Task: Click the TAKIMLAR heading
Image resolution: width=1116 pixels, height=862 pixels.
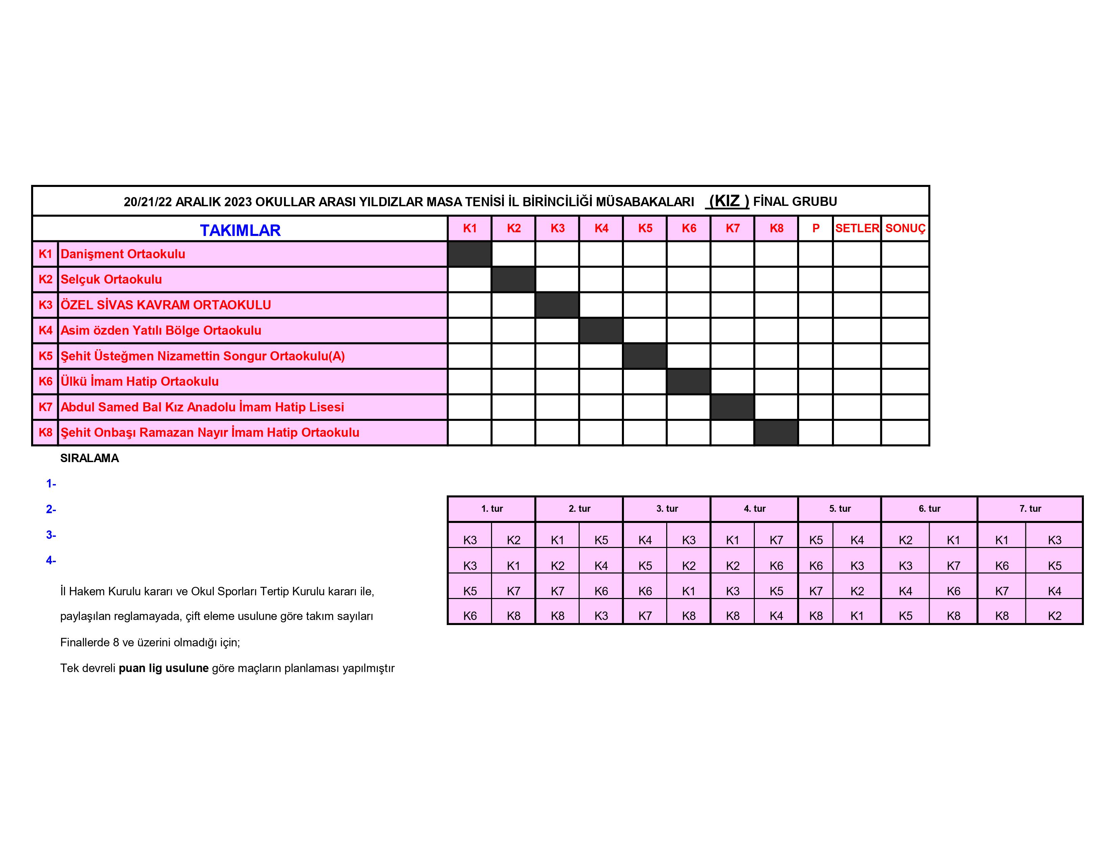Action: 240,230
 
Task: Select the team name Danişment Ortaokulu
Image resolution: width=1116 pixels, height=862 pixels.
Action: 123,254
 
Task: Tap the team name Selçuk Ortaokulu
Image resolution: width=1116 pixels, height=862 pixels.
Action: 111,279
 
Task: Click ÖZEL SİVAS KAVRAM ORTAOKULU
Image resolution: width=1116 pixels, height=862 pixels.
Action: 166,305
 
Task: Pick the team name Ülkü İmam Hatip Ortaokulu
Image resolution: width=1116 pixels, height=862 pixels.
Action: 139,381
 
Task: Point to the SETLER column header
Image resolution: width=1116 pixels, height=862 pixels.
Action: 857,228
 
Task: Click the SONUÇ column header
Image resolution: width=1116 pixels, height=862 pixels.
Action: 905,228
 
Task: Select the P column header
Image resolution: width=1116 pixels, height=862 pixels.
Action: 816,228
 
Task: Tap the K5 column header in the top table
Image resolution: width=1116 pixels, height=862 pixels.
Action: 645,228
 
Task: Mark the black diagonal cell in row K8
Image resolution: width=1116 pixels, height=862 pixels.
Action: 776,433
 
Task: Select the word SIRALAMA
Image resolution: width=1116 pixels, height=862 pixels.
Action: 89,458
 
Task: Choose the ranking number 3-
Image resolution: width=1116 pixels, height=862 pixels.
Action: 51,535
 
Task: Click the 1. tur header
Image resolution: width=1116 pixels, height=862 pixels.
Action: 492,509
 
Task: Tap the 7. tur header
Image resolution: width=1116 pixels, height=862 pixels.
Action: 1030,509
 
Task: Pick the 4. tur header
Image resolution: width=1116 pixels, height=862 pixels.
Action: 754,509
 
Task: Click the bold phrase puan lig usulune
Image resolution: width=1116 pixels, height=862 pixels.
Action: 164,668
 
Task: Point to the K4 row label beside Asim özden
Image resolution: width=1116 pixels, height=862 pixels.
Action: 45,330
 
